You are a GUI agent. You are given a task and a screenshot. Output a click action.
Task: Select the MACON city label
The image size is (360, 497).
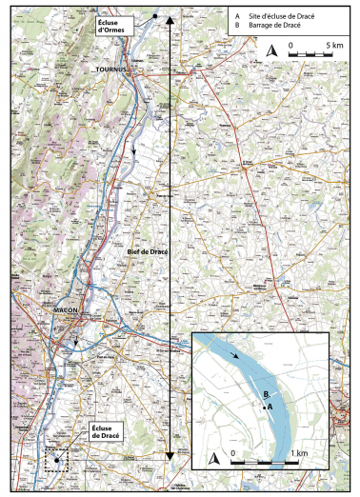coord(59,308)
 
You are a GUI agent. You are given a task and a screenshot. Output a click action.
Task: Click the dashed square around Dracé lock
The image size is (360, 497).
coord(57,460)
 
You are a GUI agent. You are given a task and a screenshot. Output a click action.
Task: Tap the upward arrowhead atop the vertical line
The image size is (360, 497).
coord(170,19)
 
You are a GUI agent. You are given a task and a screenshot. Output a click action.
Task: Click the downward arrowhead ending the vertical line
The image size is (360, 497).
coord(170,457)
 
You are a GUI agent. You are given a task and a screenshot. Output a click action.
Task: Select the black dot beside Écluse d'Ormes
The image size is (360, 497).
coord(154,17)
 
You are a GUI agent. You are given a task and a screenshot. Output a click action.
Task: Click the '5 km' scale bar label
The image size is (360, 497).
coord(333,44)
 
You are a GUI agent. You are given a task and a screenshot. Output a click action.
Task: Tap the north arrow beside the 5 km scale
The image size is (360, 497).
coord(271,50)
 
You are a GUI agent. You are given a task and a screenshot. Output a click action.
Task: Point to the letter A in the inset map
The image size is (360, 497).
coord(271,407)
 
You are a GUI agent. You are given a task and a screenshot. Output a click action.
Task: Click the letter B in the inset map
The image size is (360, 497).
coord(266,393)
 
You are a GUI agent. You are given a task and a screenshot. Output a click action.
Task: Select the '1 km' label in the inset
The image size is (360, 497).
coord(300,451)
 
